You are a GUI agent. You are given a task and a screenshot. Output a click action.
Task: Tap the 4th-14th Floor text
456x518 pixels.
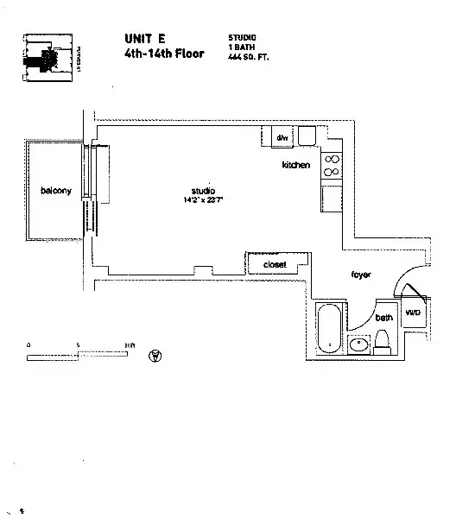coord(164,53)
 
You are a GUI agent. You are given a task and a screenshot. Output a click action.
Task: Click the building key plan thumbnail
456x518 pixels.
coord(43,59)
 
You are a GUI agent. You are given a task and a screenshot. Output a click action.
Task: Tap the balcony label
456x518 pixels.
coord(54,190)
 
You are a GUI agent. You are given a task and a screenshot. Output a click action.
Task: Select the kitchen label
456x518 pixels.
coord(295,164)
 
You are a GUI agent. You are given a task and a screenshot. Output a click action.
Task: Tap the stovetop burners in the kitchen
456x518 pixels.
coord(332,166)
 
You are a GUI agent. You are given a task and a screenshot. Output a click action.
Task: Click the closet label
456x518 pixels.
coord(274,264)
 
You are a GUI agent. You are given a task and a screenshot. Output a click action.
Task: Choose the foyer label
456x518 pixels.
coord(360,275)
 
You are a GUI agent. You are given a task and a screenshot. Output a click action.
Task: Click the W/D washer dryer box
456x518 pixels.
coord(412,313)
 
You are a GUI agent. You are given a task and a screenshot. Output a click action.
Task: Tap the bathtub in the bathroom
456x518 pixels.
coord(329,329)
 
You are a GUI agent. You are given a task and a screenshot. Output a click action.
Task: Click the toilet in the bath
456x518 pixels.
coord(385,342)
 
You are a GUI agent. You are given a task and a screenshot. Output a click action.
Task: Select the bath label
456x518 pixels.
coord(383,318)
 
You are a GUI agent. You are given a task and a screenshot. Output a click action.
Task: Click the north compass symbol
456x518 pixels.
coord(155,355)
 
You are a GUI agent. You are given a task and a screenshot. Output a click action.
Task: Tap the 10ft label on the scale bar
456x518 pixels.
coord(129,344)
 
